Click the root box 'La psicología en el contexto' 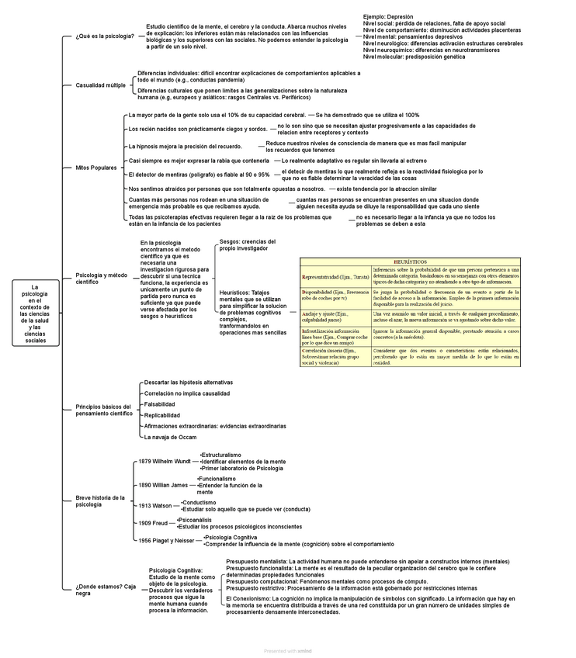click(36, 313)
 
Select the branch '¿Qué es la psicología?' click(105, 36)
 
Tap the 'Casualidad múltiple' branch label click(100, 85)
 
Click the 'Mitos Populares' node click(96, 168)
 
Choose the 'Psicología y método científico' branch click(101, 279)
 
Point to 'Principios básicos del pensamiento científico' click(104, 410)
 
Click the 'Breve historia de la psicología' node click(100, 500)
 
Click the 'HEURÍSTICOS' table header click(410, 263)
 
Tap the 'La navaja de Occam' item click(170, 437)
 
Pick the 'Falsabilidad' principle click(160, 404)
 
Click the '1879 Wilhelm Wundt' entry click(165, 462)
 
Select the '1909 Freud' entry click(153, 523)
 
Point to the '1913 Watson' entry click(155, 505)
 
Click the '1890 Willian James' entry click(163, 485)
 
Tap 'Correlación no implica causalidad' click(187, 393)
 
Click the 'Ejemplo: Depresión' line click(388, 16)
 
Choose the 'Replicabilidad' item click(162, 415)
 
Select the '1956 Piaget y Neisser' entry click(166, 540)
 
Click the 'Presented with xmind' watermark click(287, 651)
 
